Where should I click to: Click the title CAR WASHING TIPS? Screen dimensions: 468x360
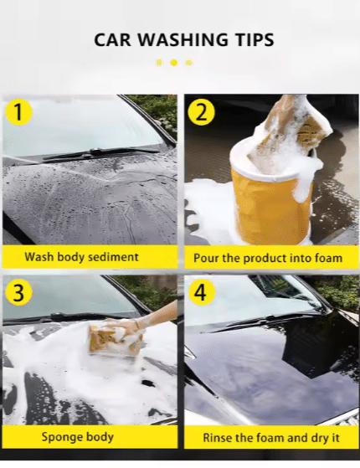coord(183,39)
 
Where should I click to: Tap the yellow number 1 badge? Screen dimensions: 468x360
coord(20,112)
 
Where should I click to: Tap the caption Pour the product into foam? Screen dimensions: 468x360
coord(268,258)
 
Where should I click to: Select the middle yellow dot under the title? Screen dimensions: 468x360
coord(173,62)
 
